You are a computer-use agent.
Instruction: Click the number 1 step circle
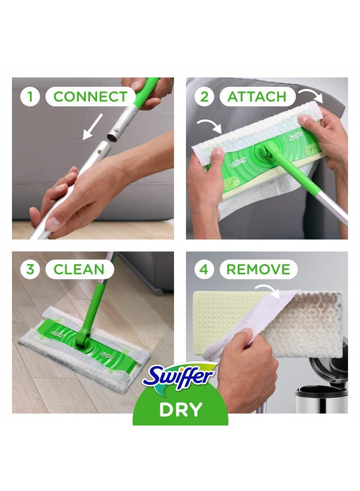[31, 97]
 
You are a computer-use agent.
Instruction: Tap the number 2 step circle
[205, 97]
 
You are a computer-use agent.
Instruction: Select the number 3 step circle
[31, 269]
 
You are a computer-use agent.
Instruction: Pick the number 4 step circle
[205, 269]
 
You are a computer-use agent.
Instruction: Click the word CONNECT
[90, 97]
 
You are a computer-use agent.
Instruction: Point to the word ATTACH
[256, 97]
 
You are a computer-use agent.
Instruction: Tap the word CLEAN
[79, 269]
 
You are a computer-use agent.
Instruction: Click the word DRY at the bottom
[181, 410]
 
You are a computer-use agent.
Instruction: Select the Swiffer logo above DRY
[181, 376]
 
